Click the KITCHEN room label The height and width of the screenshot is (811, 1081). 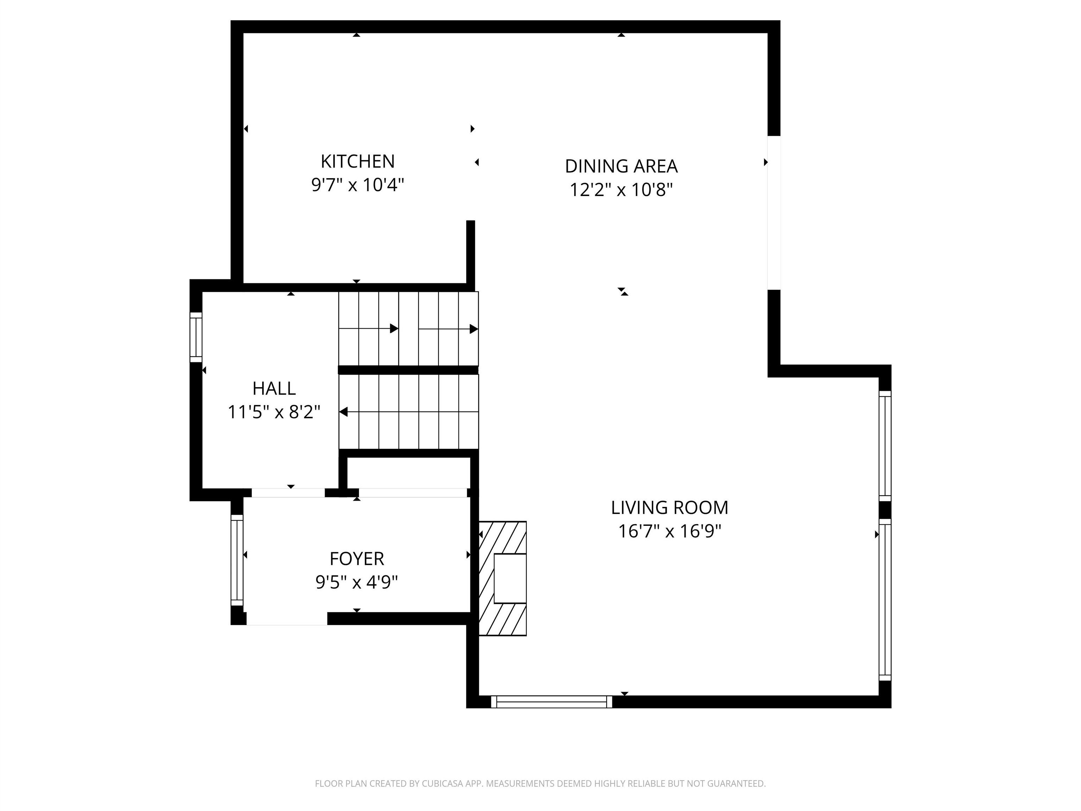tap(357, 161)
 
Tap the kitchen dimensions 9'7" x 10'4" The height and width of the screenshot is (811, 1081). tap(357, 185)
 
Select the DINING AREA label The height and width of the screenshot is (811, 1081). tap(621, 166)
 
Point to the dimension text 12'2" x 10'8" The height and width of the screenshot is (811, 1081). tap(621, 190)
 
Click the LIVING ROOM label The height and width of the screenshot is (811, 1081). tap(669, 508)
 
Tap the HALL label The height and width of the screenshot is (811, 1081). tap(274, 389)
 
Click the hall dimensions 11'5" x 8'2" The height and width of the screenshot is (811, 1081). tap(274, 412)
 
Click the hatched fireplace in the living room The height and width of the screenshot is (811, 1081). tap(502, 578)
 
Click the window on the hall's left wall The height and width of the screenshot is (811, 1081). tap(196, 337)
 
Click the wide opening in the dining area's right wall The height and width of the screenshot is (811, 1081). tap(773, 213)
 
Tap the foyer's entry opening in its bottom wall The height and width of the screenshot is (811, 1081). tap(287, 619)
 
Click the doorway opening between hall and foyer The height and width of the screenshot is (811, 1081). tap(288, 493)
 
